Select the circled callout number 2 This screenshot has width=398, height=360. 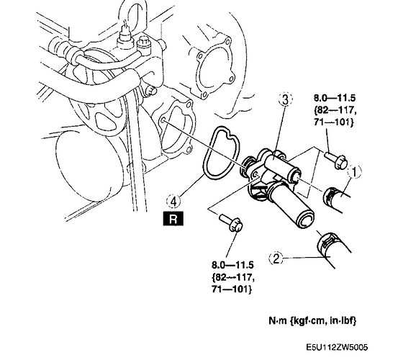tap(276, 258)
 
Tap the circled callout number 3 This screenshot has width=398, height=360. tap(285, 99)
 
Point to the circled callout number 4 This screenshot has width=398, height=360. tap(173, 202)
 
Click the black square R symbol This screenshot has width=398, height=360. tap(173, 219)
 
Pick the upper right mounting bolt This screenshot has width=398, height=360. tap(336, 159)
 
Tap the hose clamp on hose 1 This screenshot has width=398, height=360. tap(330, 194)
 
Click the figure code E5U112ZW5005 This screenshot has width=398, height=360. tap(337, 347)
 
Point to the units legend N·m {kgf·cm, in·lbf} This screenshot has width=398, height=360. tap(312, 320)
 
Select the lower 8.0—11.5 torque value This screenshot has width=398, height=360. tap(232, 265)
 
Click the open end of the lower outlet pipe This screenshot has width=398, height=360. tap(306, 220)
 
